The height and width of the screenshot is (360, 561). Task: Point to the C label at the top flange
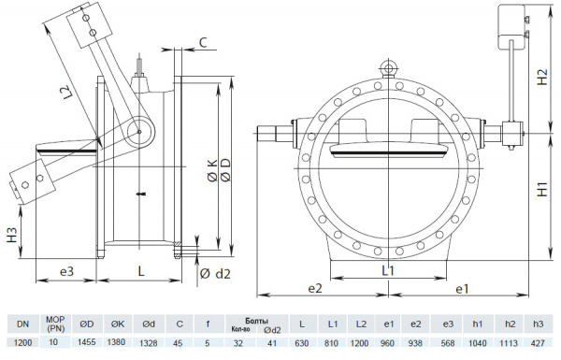(205, 42)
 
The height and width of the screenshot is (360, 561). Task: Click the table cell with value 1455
(86, 343)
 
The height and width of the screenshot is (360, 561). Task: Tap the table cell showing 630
(302, 343)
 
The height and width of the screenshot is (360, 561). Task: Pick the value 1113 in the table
(510, 343)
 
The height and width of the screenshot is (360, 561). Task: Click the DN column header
(23, 324)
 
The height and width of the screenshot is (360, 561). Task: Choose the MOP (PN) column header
(54, 324)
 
